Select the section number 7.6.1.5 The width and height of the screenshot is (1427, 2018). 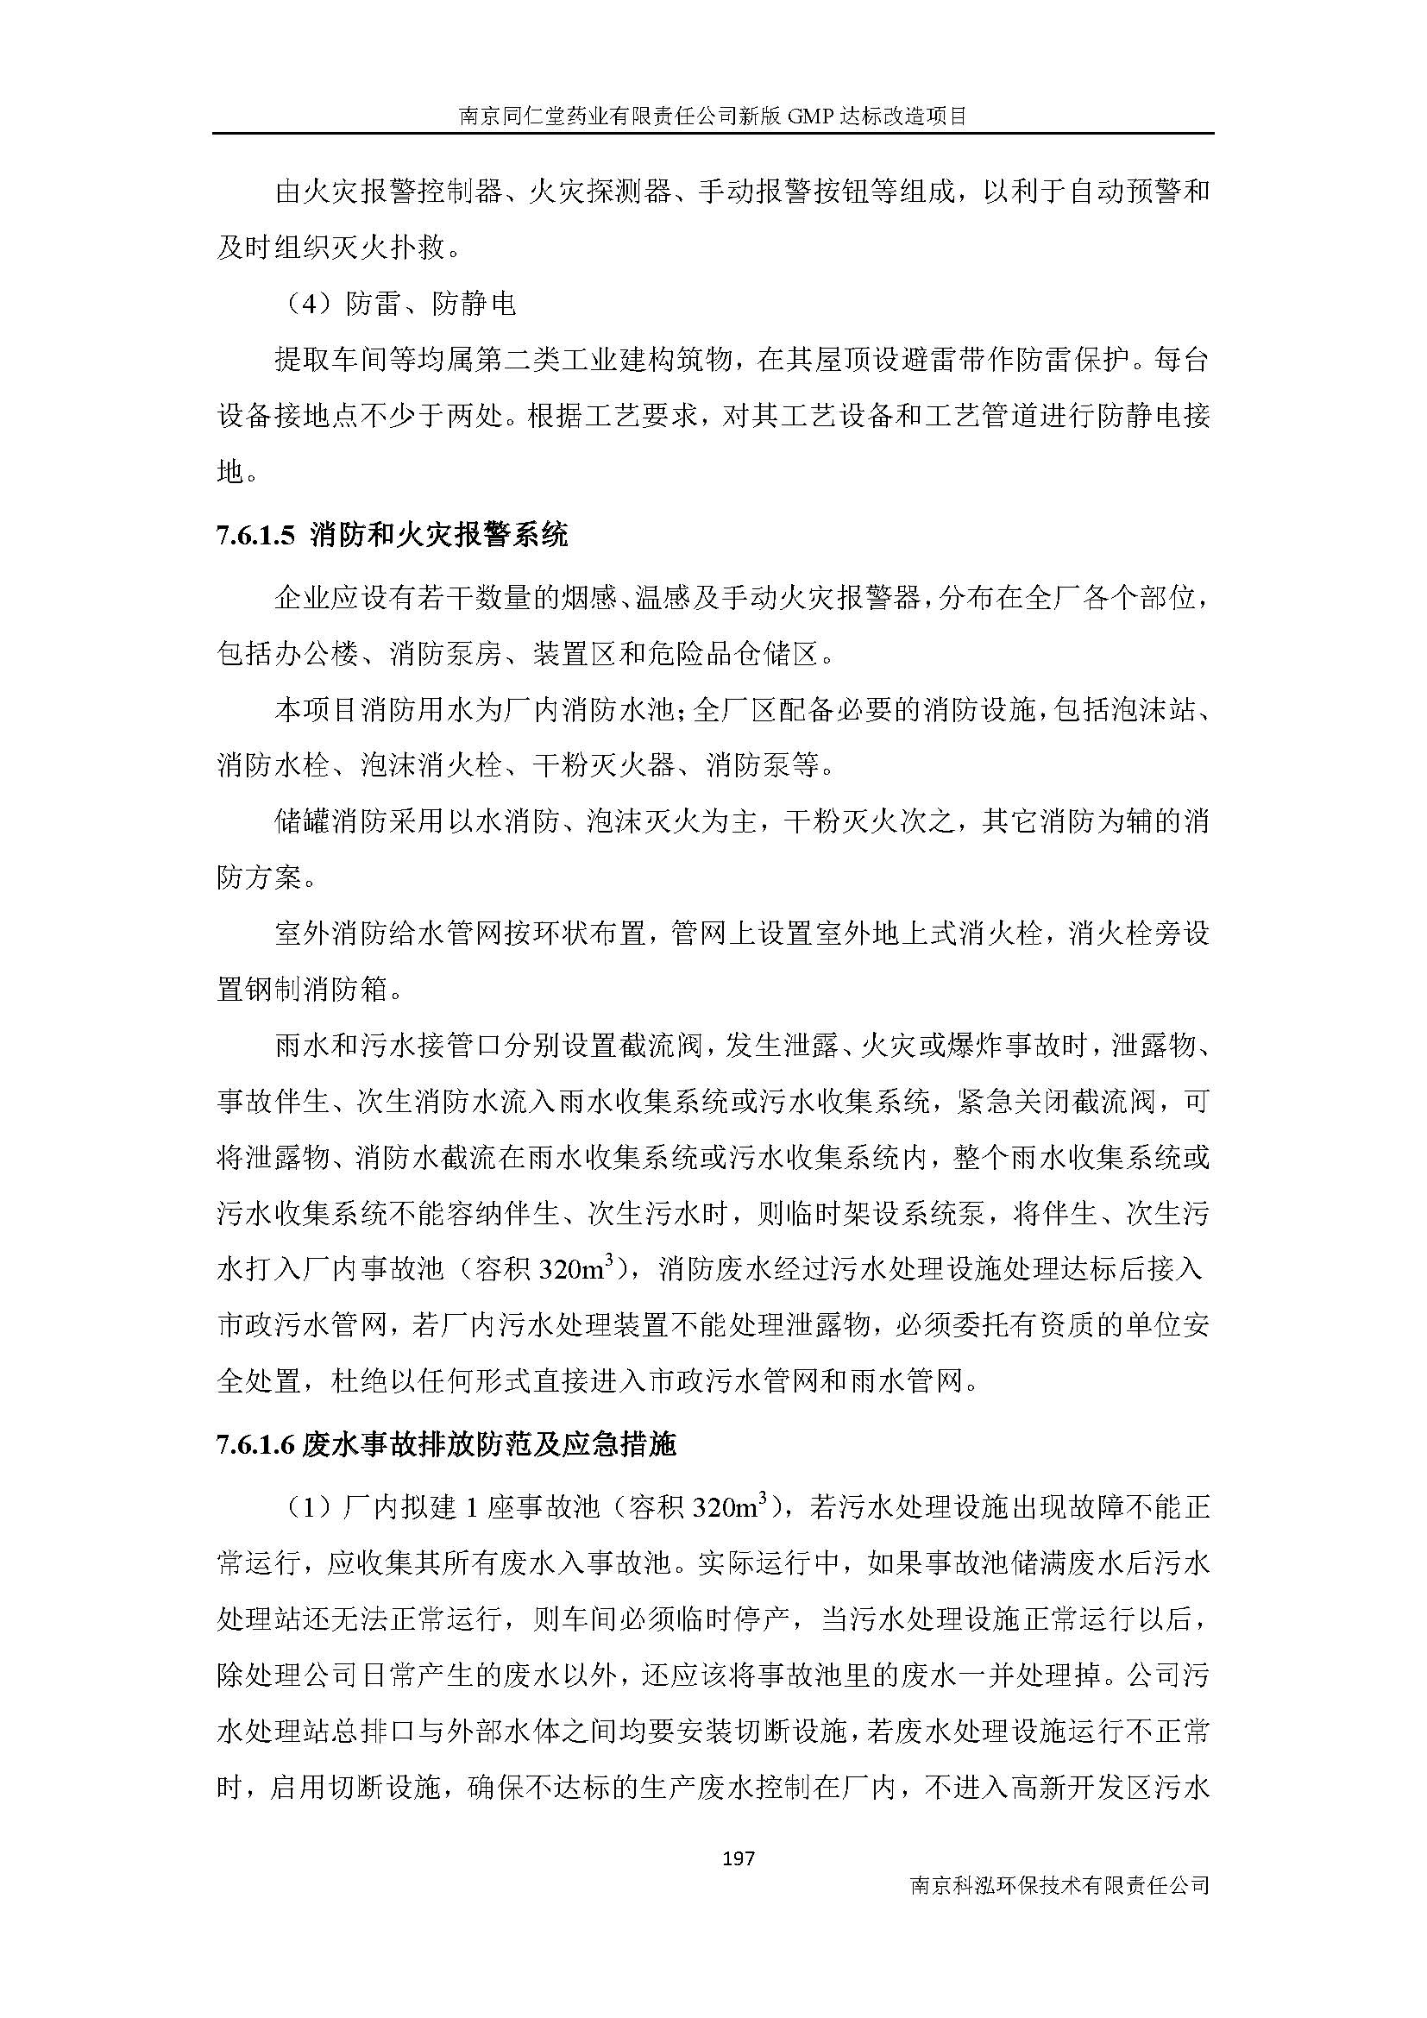click(259, 535)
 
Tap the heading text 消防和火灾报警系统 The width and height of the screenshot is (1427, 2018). click(439, 535)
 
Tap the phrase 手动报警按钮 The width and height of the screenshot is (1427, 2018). click(783, 192)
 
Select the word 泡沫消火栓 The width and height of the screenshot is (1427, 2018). click(431, 764)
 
